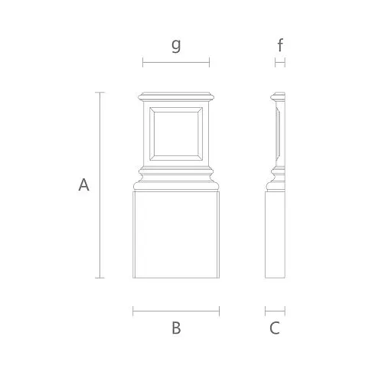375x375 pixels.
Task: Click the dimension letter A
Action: click(x=83, y=185)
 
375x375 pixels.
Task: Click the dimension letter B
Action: click(x=176, y=328)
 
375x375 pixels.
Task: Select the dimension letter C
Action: click(x=275, y=328)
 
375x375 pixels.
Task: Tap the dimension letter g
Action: click(x=176, y=45)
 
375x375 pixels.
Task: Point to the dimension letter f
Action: click(x=280, y=45)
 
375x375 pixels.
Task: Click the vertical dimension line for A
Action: click(x=99, y=185)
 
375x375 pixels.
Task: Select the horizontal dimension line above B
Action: click(x=176, y=311)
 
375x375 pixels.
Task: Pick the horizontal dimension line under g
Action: click(x=176, y=62)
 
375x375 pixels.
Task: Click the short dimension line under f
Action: click(x=280, y=62)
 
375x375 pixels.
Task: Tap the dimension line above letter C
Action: click(x=275, y=311)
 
